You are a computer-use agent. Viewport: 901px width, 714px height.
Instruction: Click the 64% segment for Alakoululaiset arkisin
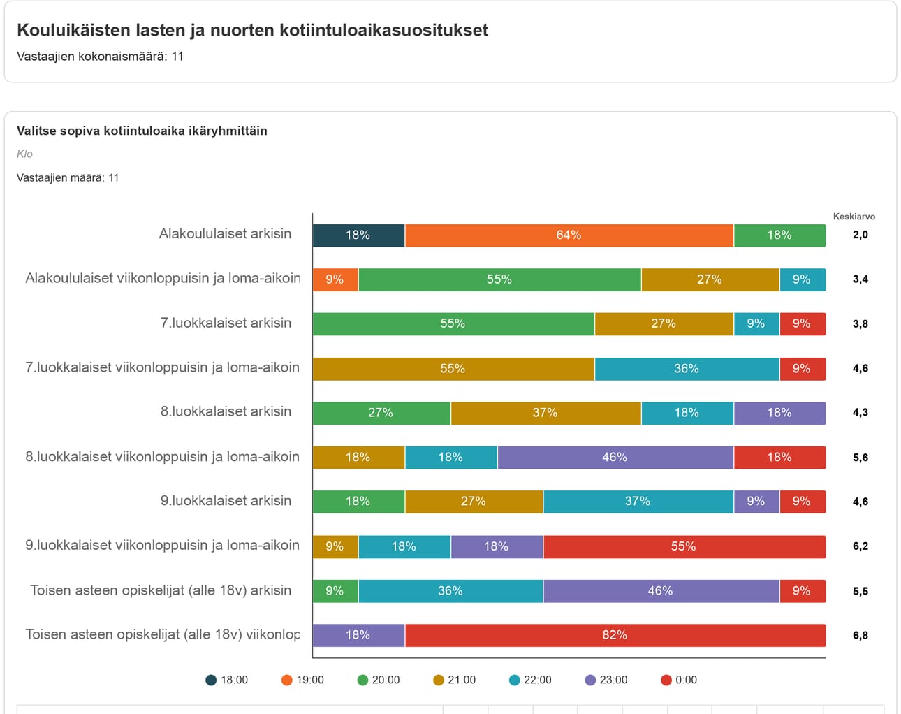click(x=569, y=235)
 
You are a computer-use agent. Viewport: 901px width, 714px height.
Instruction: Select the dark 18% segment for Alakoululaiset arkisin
click(x=358, y=235)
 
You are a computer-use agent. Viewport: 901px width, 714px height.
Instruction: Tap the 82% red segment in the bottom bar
click(x=615, y=635)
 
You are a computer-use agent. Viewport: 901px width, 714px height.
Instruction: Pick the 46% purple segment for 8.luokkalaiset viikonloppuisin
click(x=615, y=458)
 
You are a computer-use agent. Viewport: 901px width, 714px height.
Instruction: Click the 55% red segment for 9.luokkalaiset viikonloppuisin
click(x=683, y=546)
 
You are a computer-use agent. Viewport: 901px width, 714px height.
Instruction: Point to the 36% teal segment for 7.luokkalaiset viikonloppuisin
click(x=687, y=369)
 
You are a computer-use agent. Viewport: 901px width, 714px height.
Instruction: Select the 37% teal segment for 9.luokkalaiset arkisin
click(x=638, y=502)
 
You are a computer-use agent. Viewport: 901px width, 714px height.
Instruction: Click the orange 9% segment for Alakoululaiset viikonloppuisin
click(x=335, y=279)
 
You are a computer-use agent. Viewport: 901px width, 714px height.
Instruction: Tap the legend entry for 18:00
click(x=227, y=680)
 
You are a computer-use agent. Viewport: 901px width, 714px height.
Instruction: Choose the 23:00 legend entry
click(x=606, y=680)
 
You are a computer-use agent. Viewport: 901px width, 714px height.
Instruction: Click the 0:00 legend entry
click(x=679, y=680)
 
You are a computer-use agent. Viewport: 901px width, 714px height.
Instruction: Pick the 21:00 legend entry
click(x=455, y=680)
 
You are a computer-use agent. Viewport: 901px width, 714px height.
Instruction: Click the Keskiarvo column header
click(x=854, y=217)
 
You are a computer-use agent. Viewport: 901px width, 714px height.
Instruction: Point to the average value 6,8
click(x=860, y=636)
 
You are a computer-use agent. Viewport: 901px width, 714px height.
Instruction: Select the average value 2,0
click(x=860, y=235)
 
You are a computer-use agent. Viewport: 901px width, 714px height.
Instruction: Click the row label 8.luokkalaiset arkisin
click(x=226, y=411)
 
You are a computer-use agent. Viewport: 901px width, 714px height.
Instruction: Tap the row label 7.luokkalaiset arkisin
click(x=226, y=323)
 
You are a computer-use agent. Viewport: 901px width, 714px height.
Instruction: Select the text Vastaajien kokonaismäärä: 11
click(x=100, y=57)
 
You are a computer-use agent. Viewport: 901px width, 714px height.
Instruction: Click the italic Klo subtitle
click(x=24, y=154)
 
